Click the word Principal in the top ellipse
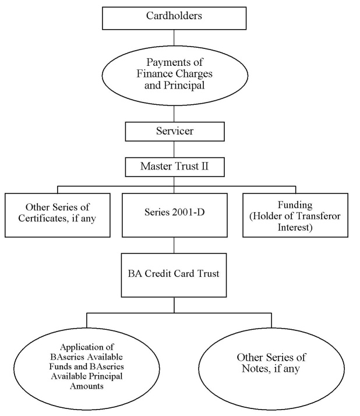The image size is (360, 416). click(184, 86)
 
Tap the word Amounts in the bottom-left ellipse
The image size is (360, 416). click(86, 386)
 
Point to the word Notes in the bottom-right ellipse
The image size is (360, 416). click(255, 368)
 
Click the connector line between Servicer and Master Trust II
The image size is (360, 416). click(174, 149)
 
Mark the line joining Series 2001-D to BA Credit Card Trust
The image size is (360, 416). click(174, 245)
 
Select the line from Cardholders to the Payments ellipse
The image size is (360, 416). click(174, 37)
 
